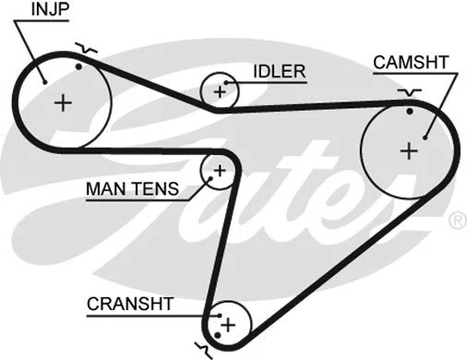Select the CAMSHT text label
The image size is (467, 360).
point(411,62)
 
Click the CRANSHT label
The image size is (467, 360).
point(130,303)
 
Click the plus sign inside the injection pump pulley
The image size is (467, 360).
point(63,102)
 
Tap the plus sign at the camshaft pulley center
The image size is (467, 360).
point(408,149)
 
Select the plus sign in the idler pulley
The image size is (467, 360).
point(220,90)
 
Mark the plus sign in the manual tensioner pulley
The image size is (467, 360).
point(220,170)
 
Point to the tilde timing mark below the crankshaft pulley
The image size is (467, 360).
point(202,348)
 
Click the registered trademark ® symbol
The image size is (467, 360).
point(456,221)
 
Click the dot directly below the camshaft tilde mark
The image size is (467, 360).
point(409,111)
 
